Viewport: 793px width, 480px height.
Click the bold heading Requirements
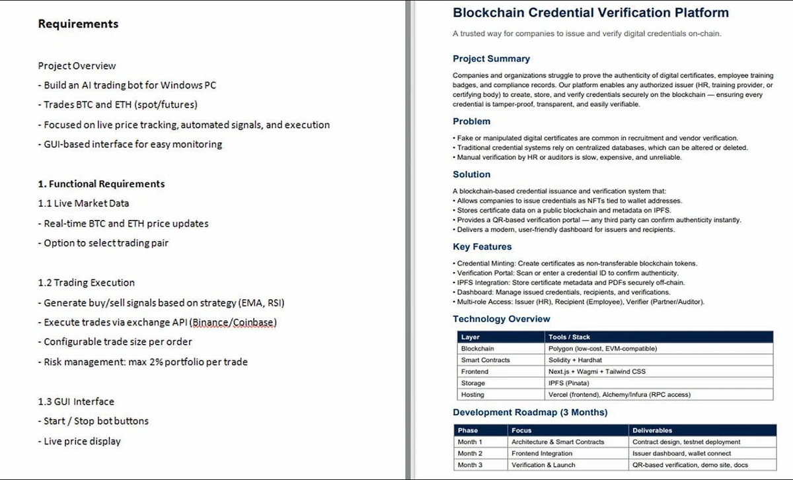[x=78, y=24]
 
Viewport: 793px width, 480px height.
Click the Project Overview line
[x=77, y=66]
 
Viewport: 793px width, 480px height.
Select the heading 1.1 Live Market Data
[x=83, y=203]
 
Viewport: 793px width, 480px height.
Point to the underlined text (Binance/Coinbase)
[x=233, y=322]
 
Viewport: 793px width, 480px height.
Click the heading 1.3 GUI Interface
[x=76, y=401]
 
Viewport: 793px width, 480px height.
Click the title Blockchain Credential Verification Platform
[x=591, y=13]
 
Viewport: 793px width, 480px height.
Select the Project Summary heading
[x=491, y=59]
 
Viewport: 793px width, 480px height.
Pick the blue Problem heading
[x=471, y=121]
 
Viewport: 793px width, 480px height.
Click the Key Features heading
[x=482, y=247]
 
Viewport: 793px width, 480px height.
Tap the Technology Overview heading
[x=501, y=319]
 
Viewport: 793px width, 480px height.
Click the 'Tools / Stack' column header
[x=569, y=337]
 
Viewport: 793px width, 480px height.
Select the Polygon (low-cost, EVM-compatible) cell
[x=602, y=349]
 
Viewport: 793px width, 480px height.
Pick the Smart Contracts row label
[x=485, y=360]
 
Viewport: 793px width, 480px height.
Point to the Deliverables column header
[x=652, y=430]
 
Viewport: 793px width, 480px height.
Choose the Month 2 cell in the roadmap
[x=470, y=454]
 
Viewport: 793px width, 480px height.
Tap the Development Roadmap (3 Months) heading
[x=530, y=413]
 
